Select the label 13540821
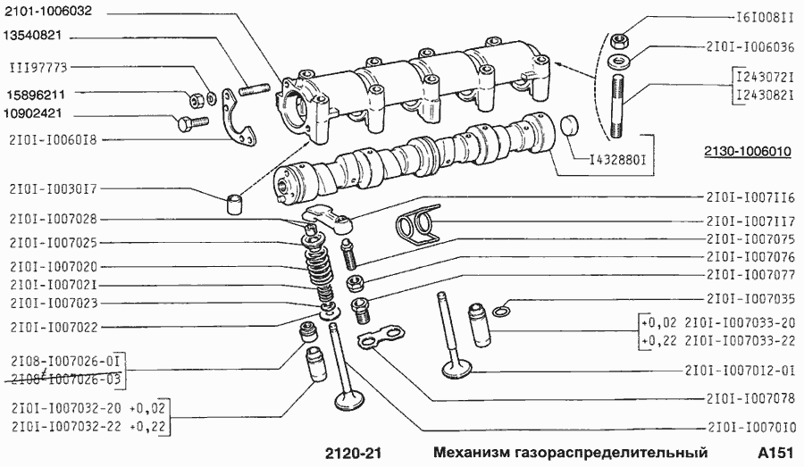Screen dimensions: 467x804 point(35,38)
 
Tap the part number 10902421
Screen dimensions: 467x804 point(35,114)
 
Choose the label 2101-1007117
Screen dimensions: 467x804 point(750,221)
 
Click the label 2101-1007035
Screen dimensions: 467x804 point(750,297)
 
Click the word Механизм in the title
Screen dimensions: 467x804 point(472,453)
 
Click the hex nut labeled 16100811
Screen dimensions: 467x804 point(617,40)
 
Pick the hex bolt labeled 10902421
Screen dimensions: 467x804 point(187,124)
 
